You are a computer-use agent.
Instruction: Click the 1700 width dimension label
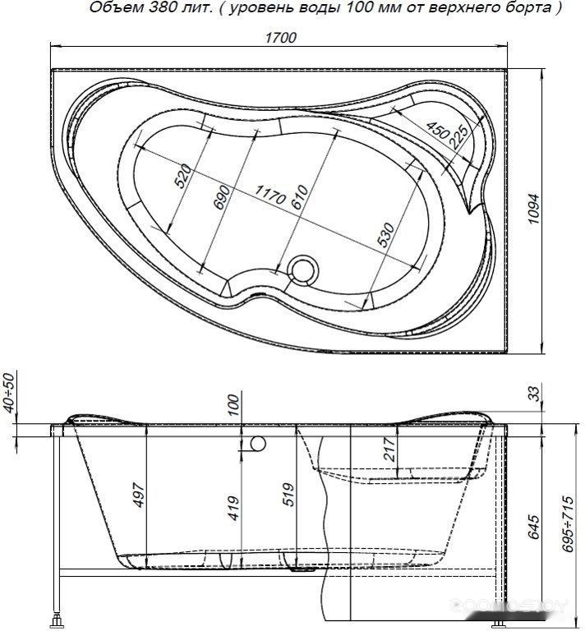(280, 38)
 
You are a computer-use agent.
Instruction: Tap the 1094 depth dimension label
(533, 209)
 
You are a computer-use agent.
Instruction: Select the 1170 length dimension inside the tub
(271, 194)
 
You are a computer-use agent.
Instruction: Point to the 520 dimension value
(183, 176)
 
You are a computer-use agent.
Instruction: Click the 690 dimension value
(222, 197)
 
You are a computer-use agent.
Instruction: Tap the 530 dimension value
(386, 235)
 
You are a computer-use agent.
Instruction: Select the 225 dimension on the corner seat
(458, 137)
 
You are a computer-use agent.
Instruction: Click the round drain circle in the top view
(304, 269)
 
